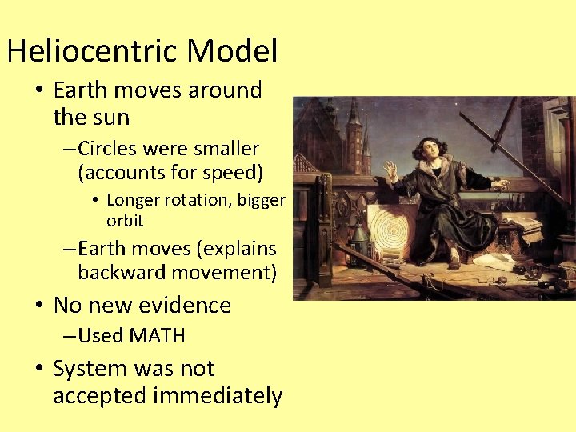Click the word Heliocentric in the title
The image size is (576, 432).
(93, 52)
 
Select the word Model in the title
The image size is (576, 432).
(232, 52)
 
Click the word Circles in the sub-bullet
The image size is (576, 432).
(107, 149)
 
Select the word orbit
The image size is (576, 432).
(125, 220)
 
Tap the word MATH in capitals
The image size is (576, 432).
(157, 336)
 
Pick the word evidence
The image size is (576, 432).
(184, 306)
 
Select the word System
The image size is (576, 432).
(90, 369)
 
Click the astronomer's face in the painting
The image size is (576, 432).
(426, 148)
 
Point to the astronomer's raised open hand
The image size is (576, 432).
(390, 170)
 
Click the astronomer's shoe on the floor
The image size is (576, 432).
(454, 262)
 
